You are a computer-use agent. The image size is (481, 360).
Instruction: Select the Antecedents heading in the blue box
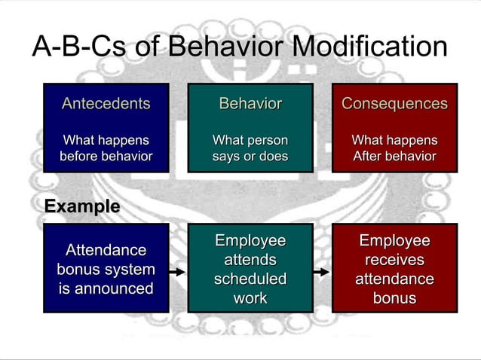pyautogui.click(x=106, y=103)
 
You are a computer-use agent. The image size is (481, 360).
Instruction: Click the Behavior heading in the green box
pyautogui.click(x=250, y=103)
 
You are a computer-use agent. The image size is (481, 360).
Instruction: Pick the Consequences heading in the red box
pyautogui.click(x=394, y=103)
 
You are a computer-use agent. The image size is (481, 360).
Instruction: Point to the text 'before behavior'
pyautogui.click(x=106, y=157)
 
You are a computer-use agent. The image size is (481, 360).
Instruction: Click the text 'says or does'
pyautogui.click(x=250, y=157)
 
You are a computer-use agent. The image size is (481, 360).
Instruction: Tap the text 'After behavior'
pyautogui.click(x=394, y=157)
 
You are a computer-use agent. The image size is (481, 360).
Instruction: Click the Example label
pyautogui.click(x=81, y=206)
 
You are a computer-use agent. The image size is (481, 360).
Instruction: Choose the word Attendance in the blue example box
pyautogui.click(x=106, y=250)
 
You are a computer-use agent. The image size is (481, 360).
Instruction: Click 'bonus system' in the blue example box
pyautogui.click(x=106, y=270)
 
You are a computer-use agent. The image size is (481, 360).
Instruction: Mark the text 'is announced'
pyautogui.click(x=106, y=288)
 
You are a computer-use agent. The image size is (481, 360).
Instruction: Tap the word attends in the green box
pyautogui.click(x=250, y=260)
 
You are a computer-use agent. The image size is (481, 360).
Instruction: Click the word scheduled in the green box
pyautogui.click(x=250, y=279)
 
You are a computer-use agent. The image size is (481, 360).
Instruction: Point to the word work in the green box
pyautogui.click(x=250, y=298)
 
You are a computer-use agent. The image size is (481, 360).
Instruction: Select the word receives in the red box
pyautogui.click(x=394, y=260)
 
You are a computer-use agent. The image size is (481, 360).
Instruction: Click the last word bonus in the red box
pyautogui.click(x=394, y=298)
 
